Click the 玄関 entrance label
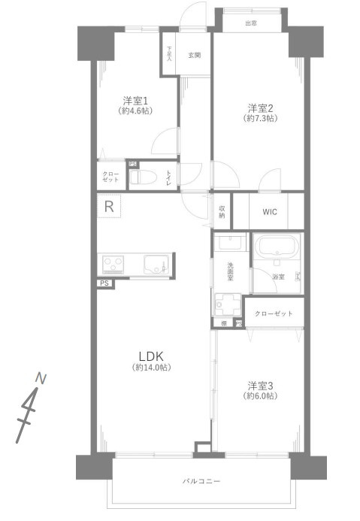coord(195,55)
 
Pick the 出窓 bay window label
coord(250,23)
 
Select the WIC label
coord(269,211)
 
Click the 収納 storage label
coord(222,211)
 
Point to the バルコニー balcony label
coord(201,480)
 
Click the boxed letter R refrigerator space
coord(110,207)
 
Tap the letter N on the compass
coord(41,378)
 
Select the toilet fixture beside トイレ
coord(143,177)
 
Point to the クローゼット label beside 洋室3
coord(274,313)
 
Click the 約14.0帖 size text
coord(152,368)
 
